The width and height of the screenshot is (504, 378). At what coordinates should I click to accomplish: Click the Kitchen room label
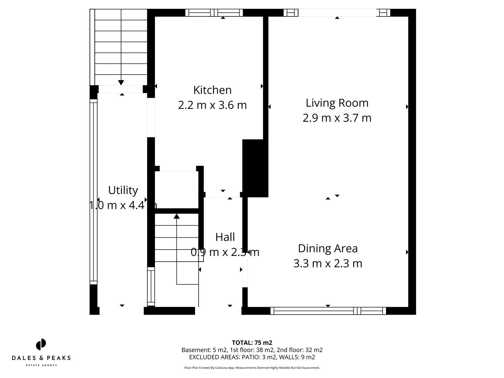[x=212, y=90]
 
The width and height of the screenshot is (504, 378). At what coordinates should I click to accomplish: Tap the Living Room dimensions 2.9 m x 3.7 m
[x=337, y=118]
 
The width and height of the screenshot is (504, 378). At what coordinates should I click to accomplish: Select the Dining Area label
[x=328, y=248]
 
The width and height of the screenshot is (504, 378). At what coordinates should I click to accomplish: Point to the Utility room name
[x=123, y=190]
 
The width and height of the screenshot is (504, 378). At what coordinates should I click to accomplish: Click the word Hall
[x=225, y=237]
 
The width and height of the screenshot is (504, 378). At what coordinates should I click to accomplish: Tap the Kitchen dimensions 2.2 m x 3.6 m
[x=212, y=105]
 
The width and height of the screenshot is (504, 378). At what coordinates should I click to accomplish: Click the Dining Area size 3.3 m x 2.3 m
[x=328, y=263]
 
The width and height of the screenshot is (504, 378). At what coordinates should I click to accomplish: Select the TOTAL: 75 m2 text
[x=252, y=343]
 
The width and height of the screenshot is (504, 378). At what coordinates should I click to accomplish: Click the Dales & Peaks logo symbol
[x=41, y=344]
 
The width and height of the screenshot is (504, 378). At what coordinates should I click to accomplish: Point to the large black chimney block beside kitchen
[x=255, y=168]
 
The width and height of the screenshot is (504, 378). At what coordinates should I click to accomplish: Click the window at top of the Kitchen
[x=214, y=13]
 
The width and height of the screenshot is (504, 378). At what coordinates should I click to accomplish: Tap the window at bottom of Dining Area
[x=328, y=311]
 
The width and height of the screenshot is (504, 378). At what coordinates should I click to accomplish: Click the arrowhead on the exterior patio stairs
[x=121, y=83]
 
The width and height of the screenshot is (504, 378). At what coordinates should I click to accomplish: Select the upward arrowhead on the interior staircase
[x=177, y=216]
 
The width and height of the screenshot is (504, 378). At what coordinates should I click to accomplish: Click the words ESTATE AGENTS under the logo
[x=41, y=365]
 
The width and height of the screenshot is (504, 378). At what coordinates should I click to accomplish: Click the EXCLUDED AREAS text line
[x=252, y=357]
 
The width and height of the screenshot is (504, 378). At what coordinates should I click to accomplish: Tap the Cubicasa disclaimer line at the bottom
[x=252, y=368]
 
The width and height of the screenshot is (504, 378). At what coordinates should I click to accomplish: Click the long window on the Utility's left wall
[x=93, y=192]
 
